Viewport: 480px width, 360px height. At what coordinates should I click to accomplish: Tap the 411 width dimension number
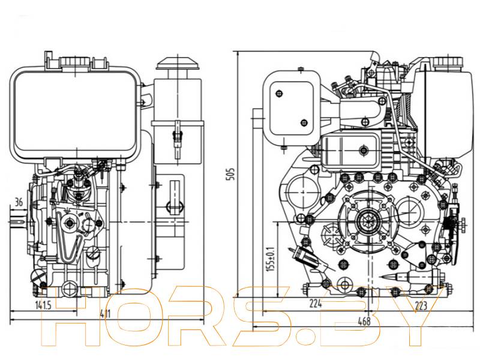pyautogui.click(x=106, y=313)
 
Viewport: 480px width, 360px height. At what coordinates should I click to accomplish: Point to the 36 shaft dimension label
pyautogui.click(x=18, y=203)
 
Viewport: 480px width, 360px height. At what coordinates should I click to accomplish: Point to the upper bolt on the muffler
pyautogui.click(x=279, y=93)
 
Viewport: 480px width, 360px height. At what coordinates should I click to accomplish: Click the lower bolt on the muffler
pyautogui.click(x=304, y=122)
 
